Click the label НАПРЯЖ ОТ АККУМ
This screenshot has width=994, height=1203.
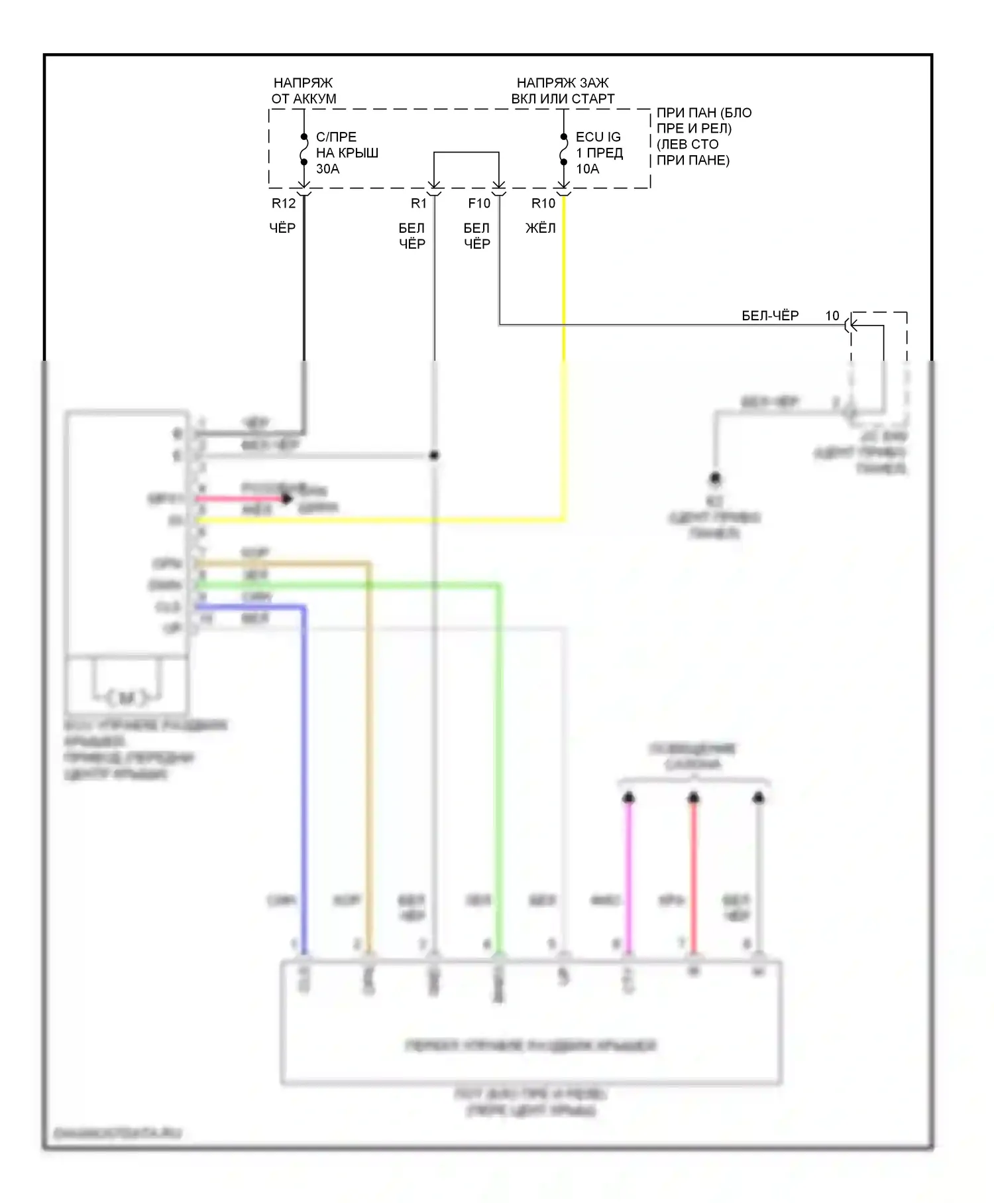[x=304, y=91]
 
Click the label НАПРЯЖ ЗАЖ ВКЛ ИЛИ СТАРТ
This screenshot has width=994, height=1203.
[x=563, y=91]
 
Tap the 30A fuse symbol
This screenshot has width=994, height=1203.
[x=304, y=149]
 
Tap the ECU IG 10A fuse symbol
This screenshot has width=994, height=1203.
[x=564, y=149]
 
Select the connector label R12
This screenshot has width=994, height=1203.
[x=284, y=204]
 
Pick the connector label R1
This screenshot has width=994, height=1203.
[x=419, y=204]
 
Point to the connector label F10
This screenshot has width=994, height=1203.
[x=479, y=204]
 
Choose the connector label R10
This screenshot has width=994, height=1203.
[x=543, y=204]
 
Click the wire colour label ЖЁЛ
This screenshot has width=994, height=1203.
[x=541, y=228]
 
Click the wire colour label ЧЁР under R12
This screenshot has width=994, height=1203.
[x=282, y=228]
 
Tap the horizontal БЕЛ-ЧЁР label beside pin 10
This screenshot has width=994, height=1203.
[x=770, y=316]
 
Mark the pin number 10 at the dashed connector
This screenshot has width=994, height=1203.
[x=832, y=316]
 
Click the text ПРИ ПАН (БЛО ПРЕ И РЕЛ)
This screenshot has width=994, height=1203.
[x=704, y=121]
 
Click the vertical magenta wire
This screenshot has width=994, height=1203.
[x=628, y=875]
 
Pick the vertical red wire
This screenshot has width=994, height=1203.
[x=693, y=875]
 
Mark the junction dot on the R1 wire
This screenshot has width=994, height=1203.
[x=434, y=456]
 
